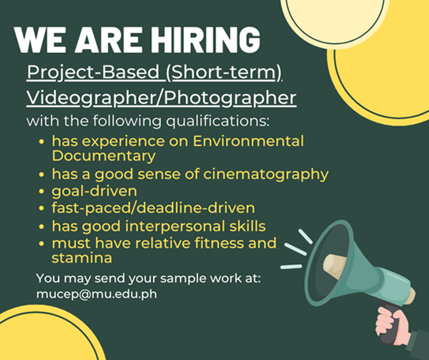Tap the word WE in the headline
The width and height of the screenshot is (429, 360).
(40, 40)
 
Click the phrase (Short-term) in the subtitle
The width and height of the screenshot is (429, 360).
(224, 73)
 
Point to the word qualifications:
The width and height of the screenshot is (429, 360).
(218, 122)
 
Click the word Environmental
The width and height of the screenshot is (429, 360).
(248, 141)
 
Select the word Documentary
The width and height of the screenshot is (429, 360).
(104, 156)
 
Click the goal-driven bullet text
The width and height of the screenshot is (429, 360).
(94, 191)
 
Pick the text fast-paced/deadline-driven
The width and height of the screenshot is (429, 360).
(153, 208)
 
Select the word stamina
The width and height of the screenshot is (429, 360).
(82, 258)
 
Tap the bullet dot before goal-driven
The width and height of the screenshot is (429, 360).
(42, 191)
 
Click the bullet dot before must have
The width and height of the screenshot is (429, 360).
(42, 244)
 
